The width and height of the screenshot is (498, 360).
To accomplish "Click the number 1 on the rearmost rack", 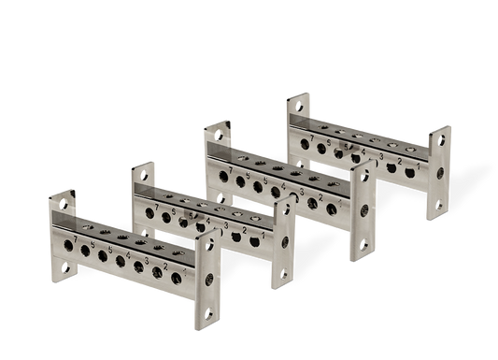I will (418, 170).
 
